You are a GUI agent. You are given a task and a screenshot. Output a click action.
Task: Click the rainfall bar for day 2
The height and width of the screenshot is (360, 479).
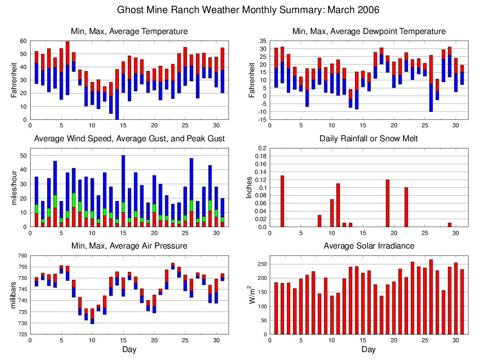point(282,201)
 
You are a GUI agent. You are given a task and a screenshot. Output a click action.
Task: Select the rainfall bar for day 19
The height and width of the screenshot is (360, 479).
point(388,203)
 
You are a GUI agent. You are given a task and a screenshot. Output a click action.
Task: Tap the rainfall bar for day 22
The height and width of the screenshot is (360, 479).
point(406,207)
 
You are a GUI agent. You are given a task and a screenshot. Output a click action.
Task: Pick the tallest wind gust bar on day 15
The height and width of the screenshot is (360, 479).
point(123,191)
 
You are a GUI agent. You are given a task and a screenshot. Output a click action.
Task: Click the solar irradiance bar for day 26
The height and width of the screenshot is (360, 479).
point(431,297)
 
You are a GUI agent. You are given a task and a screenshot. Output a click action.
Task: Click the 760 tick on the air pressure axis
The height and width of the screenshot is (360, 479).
point(22,255)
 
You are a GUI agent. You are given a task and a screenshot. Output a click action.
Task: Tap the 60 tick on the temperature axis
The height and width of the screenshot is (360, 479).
point(23,41)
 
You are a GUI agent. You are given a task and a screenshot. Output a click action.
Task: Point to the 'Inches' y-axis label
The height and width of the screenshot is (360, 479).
point(250,187)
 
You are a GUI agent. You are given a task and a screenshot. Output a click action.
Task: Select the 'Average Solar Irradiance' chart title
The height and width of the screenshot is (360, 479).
point(368,246)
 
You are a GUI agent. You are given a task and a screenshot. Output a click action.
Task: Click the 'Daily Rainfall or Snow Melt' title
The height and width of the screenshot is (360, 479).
point(368,138)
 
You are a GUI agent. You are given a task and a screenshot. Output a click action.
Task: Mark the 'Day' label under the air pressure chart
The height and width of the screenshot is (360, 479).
point(129,349)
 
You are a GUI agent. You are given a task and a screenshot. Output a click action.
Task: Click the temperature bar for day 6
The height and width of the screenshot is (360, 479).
point(68,68)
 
